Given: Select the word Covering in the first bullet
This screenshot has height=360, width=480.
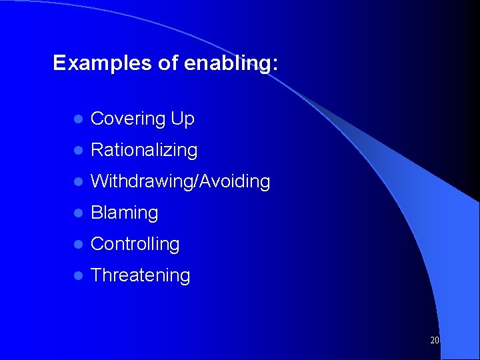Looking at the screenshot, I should [x=128, y=119].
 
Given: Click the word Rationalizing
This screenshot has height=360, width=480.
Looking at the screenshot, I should [x=144, y=151].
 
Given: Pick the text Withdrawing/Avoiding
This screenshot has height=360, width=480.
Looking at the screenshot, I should [x=180, y=181].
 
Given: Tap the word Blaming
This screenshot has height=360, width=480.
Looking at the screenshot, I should [x=124, y=213].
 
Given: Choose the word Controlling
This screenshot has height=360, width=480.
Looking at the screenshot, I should [x=135, y=244].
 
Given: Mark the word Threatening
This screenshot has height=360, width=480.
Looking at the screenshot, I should [x=140, y=275].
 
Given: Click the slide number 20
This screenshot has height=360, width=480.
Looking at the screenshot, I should [x=435, y=340].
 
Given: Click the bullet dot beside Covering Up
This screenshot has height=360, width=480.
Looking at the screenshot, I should [x=77, y=120].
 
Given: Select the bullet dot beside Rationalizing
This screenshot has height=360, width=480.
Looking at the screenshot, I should [x=77, y=151].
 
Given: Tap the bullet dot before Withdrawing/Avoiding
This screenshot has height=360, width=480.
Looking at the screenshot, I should [x=77, y=182].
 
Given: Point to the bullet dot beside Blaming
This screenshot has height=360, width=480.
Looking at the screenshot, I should [x=77, y=213].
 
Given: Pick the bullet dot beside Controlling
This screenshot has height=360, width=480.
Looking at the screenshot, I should [x=77, y=245].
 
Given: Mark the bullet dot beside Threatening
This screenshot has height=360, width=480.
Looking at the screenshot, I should [x=77, y=276].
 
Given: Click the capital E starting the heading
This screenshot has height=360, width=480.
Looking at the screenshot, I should [x=59, y=63].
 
